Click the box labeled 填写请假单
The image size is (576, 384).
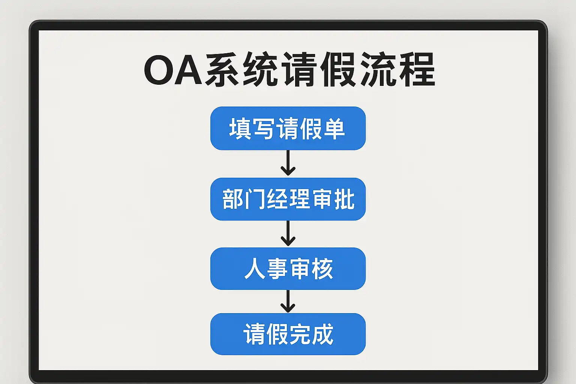pos(288,128)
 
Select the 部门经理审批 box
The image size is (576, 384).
pos(288,199)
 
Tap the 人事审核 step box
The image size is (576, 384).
pos(288,268)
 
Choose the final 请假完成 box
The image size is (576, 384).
pos(288,334)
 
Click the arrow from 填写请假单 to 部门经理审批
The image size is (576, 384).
pos(288,163)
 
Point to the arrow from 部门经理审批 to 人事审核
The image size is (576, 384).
pos(288,233)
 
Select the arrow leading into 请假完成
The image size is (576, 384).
pos(288,301)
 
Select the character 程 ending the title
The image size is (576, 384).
pos(417,69)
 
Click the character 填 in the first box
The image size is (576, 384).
pos(240,129)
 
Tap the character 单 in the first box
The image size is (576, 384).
pos(334,129)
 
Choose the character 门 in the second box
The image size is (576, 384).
pos(255,199)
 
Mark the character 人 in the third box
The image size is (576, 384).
pos(255,269)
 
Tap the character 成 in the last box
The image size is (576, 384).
pos(322,334)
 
